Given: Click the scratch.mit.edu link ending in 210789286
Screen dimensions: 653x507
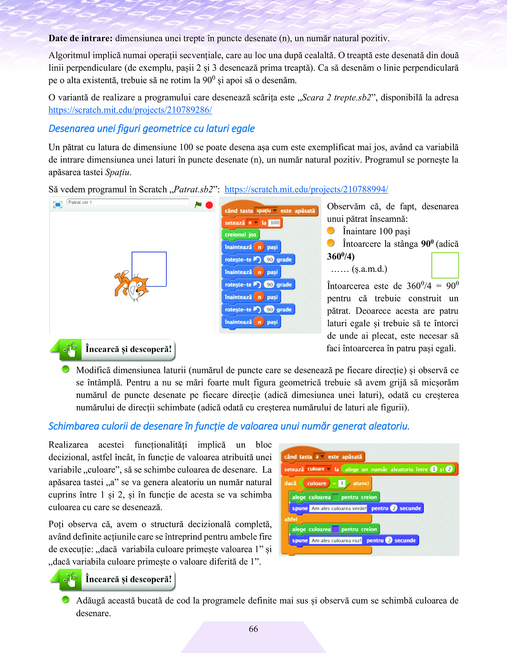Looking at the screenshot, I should click(130, 110).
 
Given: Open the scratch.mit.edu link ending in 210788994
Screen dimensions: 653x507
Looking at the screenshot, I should click(306, 189).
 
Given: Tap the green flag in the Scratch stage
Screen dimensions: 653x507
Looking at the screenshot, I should click(198, 204).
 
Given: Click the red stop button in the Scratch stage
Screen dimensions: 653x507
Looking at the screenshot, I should click(209, 205).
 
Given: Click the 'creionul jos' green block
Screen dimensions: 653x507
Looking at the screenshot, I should click(240, 235).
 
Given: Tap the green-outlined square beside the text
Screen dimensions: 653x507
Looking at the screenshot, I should click(445, 265).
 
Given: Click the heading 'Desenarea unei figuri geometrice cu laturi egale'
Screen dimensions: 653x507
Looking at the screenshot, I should click(152, 129).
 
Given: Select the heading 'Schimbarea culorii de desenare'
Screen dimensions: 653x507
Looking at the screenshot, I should click(229, 426).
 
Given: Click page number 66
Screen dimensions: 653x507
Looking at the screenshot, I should click(253, 629).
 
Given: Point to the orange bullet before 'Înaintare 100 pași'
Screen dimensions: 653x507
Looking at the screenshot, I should click(331, 231).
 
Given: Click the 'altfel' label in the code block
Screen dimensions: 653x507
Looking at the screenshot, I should click(291, 519).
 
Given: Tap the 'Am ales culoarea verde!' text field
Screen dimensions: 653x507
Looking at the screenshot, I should click(339, 508).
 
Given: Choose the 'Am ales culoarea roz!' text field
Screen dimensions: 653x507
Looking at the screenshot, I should click(336, 540).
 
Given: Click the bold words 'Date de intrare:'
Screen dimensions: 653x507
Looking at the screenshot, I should click(80, 38).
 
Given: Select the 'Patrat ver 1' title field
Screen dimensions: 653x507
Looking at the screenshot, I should click(128, 202).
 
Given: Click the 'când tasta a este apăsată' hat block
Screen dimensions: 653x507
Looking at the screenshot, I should click(323, 456).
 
